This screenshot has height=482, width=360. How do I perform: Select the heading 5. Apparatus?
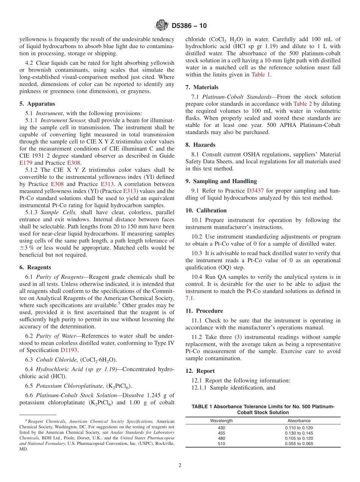coord(37,103)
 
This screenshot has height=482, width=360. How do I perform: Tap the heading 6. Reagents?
coord(35,267)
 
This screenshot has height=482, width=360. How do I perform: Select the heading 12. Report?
coord(200,371)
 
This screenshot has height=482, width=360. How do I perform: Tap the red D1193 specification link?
coord(69,350)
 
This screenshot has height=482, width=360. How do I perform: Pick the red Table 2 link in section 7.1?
coord(302,104)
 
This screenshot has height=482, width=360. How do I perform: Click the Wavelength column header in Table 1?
coord(221,421)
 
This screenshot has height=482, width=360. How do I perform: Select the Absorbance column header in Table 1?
coord(299,421)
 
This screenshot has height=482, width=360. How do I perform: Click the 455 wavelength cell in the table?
coord(221,433)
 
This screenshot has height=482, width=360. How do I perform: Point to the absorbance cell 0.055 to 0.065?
coord(299,443)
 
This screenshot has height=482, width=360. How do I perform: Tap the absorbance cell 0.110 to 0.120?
coord(299,427)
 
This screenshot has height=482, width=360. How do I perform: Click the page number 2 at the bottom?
coord(180,466)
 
